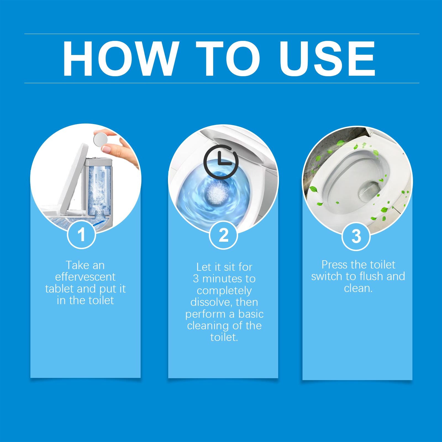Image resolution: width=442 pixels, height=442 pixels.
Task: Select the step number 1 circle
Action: point(81,235)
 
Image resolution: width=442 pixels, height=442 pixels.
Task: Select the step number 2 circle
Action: point(223,235)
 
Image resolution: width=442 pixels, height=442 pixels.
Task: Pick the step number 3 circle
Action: point(356,236)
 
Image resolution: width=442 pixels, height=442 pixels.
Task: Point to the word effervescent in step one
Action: point(85,277)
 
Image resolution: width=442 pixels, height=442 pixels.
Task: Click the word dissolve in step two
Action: point(209,302)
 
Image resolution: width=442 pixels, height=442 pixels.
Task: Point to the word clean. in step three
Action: point(358,288)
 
